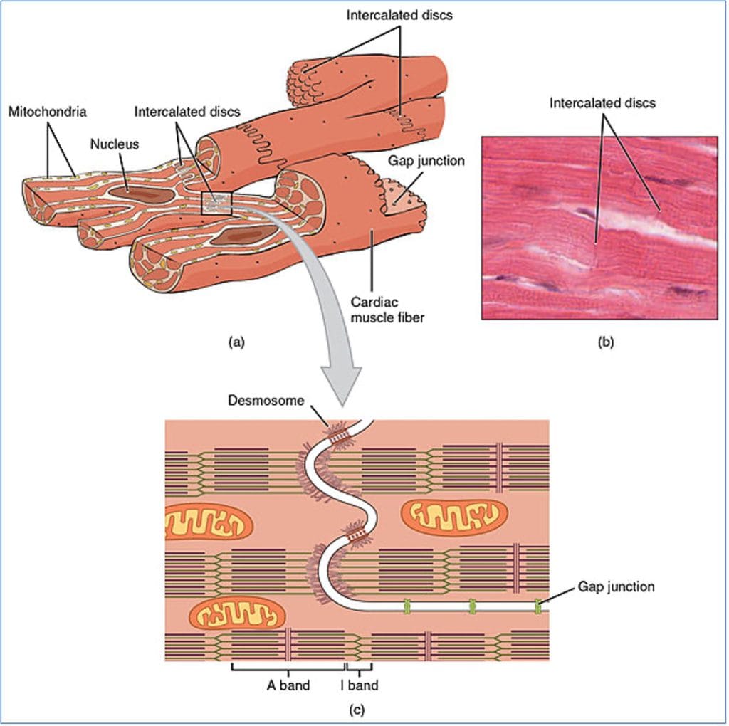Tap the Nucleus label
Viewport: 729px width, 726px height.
click(x=110, y=144)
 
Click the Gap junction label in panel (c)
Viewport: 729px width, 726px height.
click(x=616, y=587)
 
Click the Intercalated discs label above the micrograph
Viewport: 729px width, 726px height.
click(x=602, y=103)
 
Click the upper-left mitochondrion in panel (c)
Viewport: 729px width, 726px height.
click(x=208, y=522)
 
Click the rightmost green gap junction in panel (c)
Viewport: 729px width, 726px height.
click(x=537, y=606)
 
